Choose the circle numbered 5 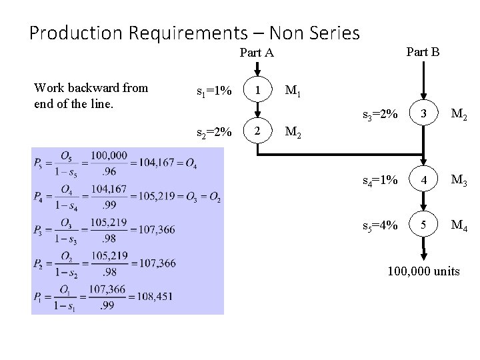pyautogui.click(x=423, y=225)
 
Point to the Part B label pyautogui.click(x=423, y=51)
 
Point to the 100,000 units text pyautogui.click(x=424, y=271)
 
